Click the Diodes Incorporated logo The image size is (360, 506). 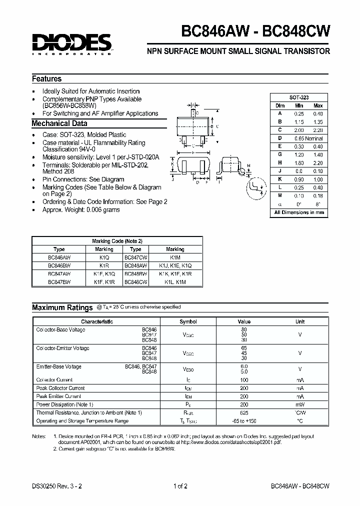(x=72, y=43)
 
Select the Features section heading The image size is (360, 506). (x=47, y=78)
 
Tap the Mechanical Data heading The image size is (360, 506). (x=59, y=123)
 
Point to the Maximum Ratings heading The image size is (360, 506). (x=62, y=307)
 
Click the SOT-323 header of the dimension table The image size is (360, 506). (x=299, y=97)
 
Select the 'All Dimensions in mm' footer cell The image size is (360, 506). (x=299, y=212)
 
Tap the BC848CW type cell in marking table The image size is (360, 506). (x=135, y=282)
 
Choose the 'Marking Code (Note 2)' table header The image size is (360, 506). (x=117, y=241)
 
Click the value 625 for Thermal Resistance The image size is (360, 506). (x=244, y=412)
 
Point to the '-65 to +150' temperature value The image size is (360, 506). (x=244, y=421)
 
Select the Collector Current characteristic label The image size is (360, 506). (x=54, y=380)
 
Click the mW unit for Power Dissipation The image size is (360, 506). (x=300, y=404)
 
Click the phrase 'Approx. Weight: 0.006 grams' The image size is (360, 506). (x=81, y=210)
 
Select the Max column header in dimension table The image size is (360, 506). (x=318, y=105)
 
